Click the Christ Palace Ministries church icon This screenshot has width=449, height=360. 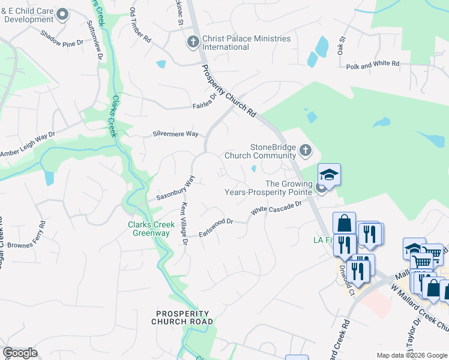click(x=193, y=42)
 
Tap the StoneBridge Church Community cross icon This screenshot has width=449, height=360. click(x=306, y=150)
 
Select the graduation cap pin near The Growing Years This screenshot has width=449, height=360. click(x=329, y=175)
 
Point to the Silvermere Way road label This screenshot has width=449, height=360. click(x=175, y=134)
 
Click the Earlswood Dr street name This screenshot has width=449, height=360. click(x=215, y=226)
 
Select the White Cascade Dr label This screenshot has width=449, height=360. click(x=276, y=208)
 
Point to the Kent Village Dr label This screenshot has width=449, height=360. click(x=184, y=224)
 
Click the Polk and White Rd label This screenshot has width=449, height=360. click(x=373, y=63)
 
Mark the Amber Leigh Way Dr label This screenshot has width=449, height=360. click(x=28, y=146)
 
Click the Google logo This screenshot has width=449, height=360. click(x=20, y=353)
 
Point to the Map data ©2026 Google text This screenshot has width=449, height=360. click(x=411, y=355)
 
